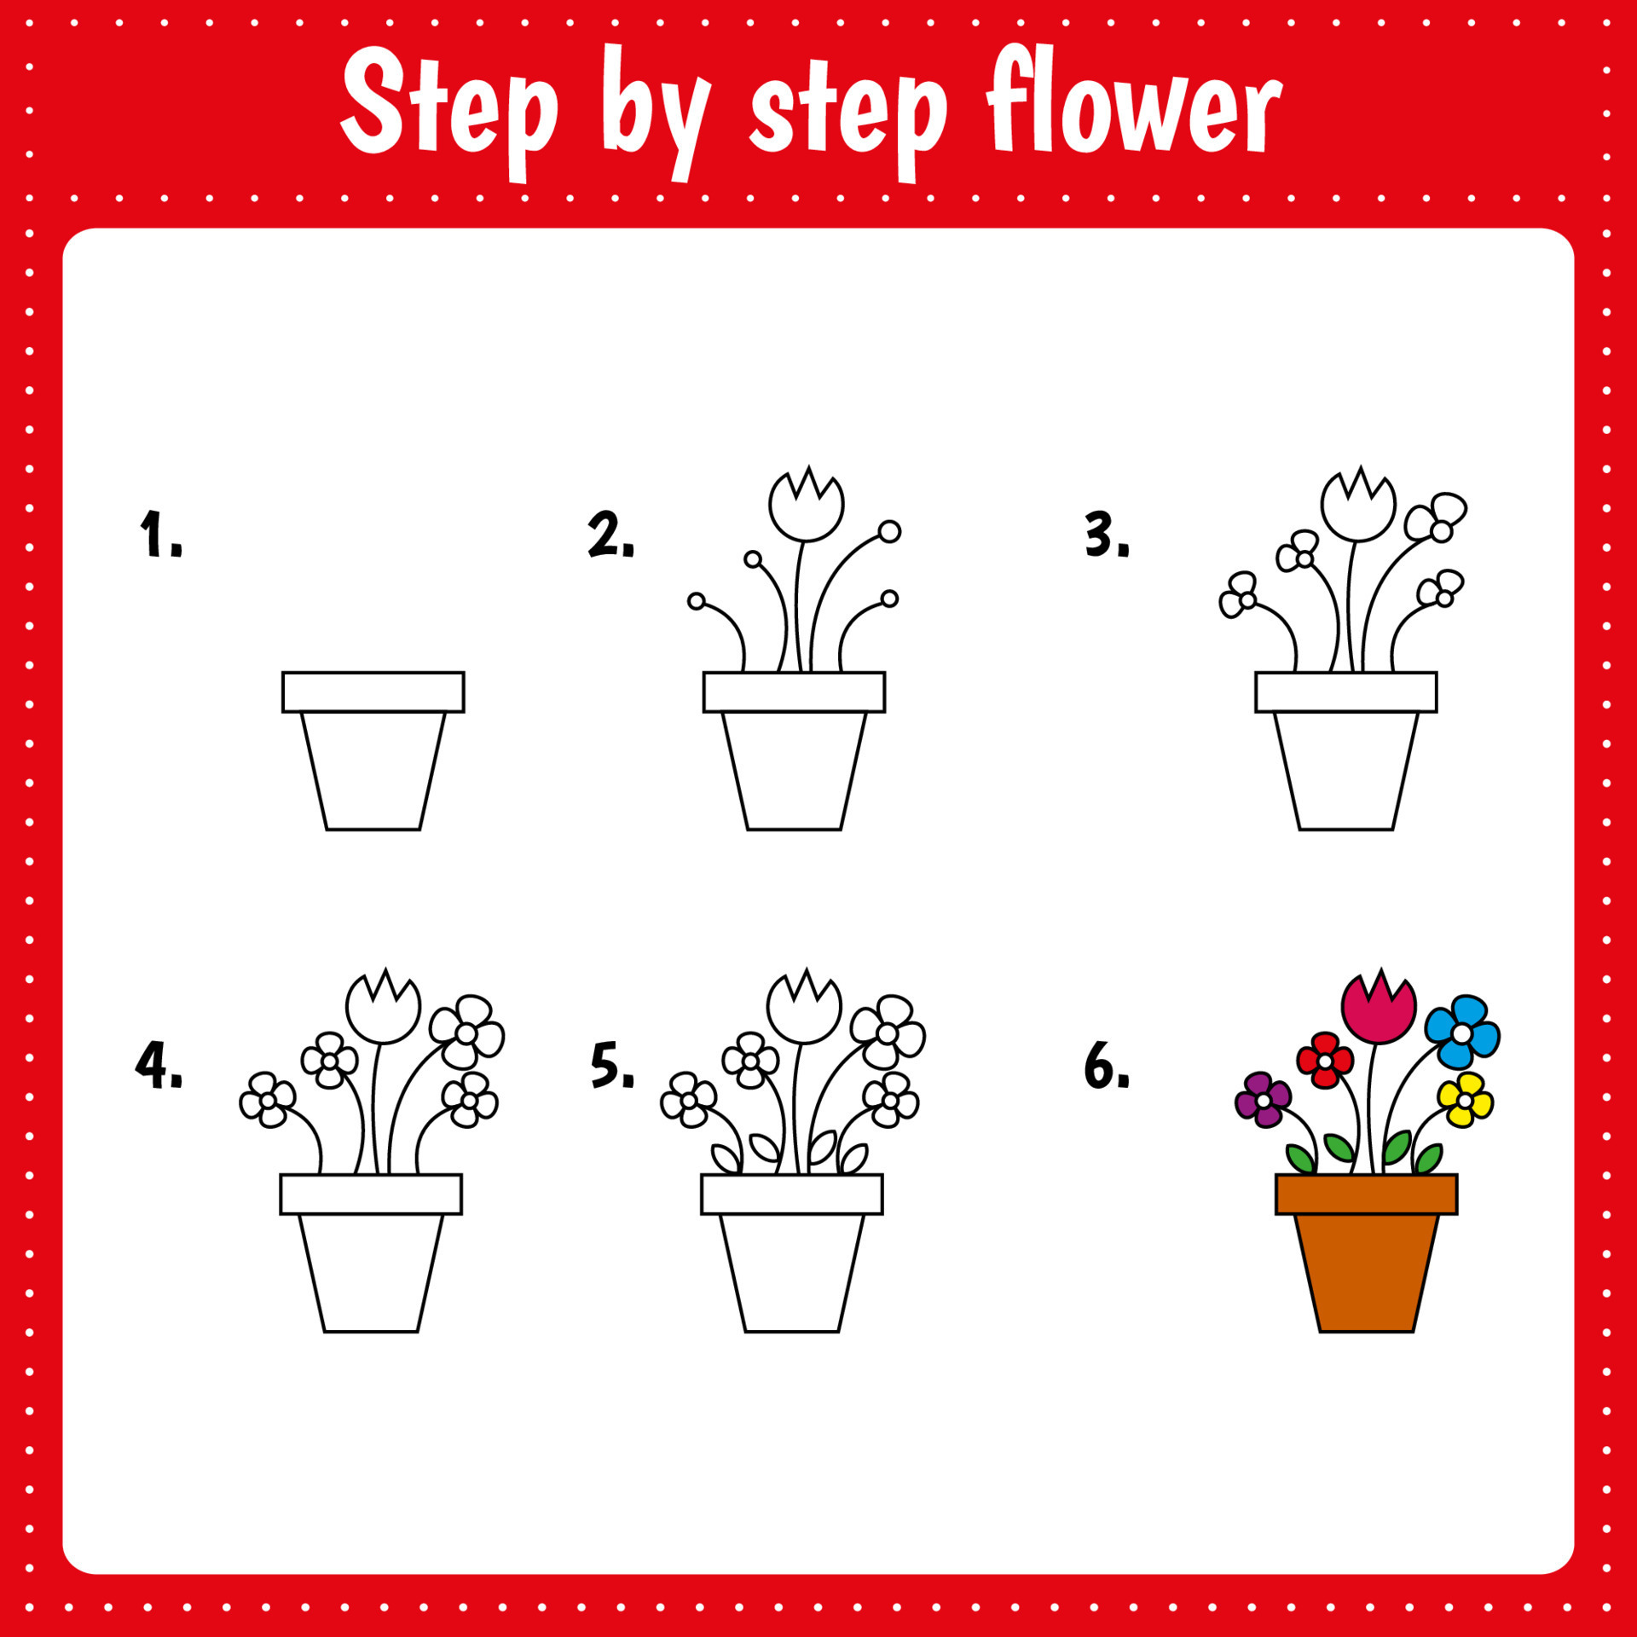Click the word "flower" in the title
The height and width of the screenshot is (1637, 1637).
coord(1134,107)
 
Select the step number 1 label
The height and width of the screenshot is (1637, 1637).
coord(161,535)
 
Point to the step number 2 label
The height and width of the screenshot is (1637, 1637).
coord(611,535)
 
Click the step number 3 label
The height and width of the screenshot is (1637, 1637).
coord(1107,535)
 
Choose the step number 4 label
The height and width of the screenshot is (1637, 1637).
coord(159,1065)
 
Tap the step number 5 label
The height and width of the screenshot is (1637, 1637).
coord(612,1065)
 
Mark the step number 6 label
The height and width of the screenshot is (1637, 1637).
coord(1107,1065)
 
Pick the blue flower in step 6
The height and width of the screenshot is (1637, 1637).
coord(1461,1033)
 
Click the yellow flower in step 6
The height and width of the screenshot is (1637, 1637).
coord(1465,1100)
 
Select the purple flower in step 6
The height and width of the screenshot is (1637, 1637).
coord(1263,1100)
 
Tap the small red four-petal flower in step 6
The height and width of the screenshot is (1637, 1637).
coord(1325,1061)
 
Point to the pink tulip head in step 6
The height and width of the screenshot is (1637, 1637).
coord(1379,1010)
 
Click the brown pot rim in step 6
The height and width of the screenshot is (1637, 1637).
coord(1366,1194)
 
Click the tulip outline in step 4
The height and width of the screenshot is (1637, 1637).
coord(384,1009)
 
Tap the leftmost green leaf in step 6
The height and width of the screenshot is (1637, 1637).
coord(1300,1160)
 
